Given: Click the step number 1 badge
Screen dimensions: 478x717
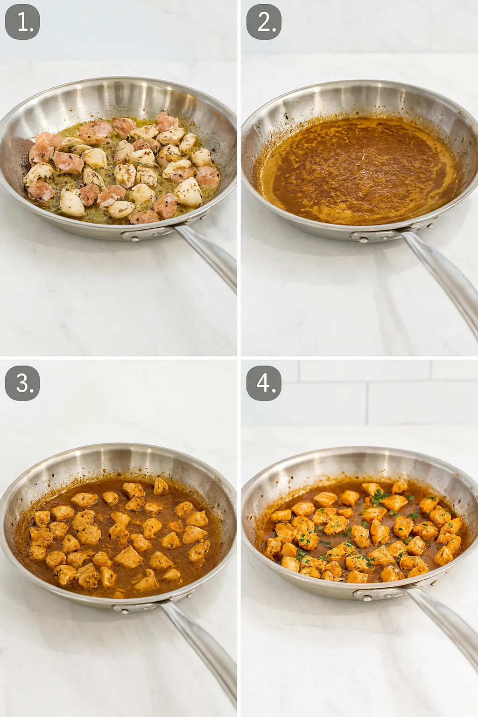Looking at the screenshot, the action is [x=22, y=22].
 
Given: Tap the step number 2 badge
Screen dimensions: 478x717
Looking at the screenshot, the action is [x=264, y=22].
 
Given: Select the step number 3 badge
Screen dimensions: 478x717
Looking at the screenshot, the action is [x=22, y=383].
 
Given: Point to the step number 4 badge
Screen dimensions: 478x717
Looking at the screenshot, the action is [x=264, y=383].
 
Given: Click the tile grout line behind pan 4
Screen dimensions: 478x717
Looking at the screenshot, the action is [x=365, y=381].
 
